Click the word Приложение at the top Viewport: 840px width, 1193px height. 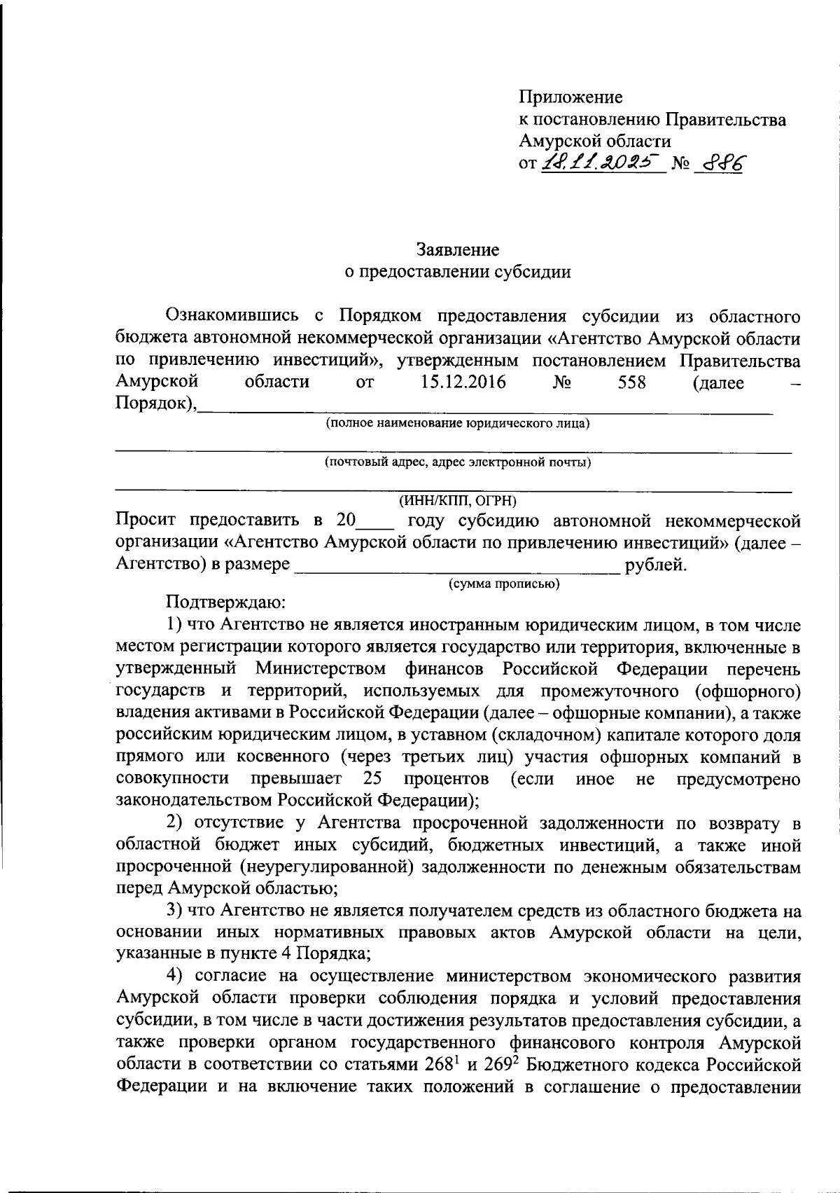(x=570, y=97)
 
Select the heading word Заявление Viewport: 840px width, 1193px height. (x=458, y=249)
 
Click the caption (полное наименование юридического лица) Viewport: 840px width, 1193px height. (x=456, y=423)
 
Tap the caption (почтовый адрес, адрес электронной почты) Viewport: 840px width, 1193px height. (x=457, y=462)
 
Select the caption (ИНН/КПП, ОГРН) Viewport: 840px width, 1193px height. (x=457, y=501)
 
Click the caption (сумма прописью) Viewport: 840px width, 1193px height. (x=504, y=584)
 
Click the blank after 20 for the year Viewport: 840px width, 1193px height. (x=375, y=522)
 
